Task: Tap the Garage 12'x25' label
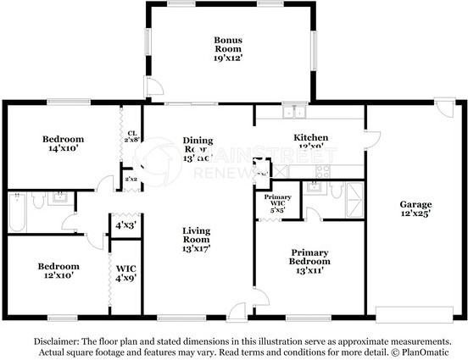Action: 415,210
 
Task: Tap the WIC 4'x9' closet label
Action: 124,273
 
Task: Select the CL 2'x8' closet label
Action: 131,136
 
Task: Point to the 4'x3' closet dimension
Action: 125,225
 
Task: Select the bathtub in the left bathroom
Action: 16,213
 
